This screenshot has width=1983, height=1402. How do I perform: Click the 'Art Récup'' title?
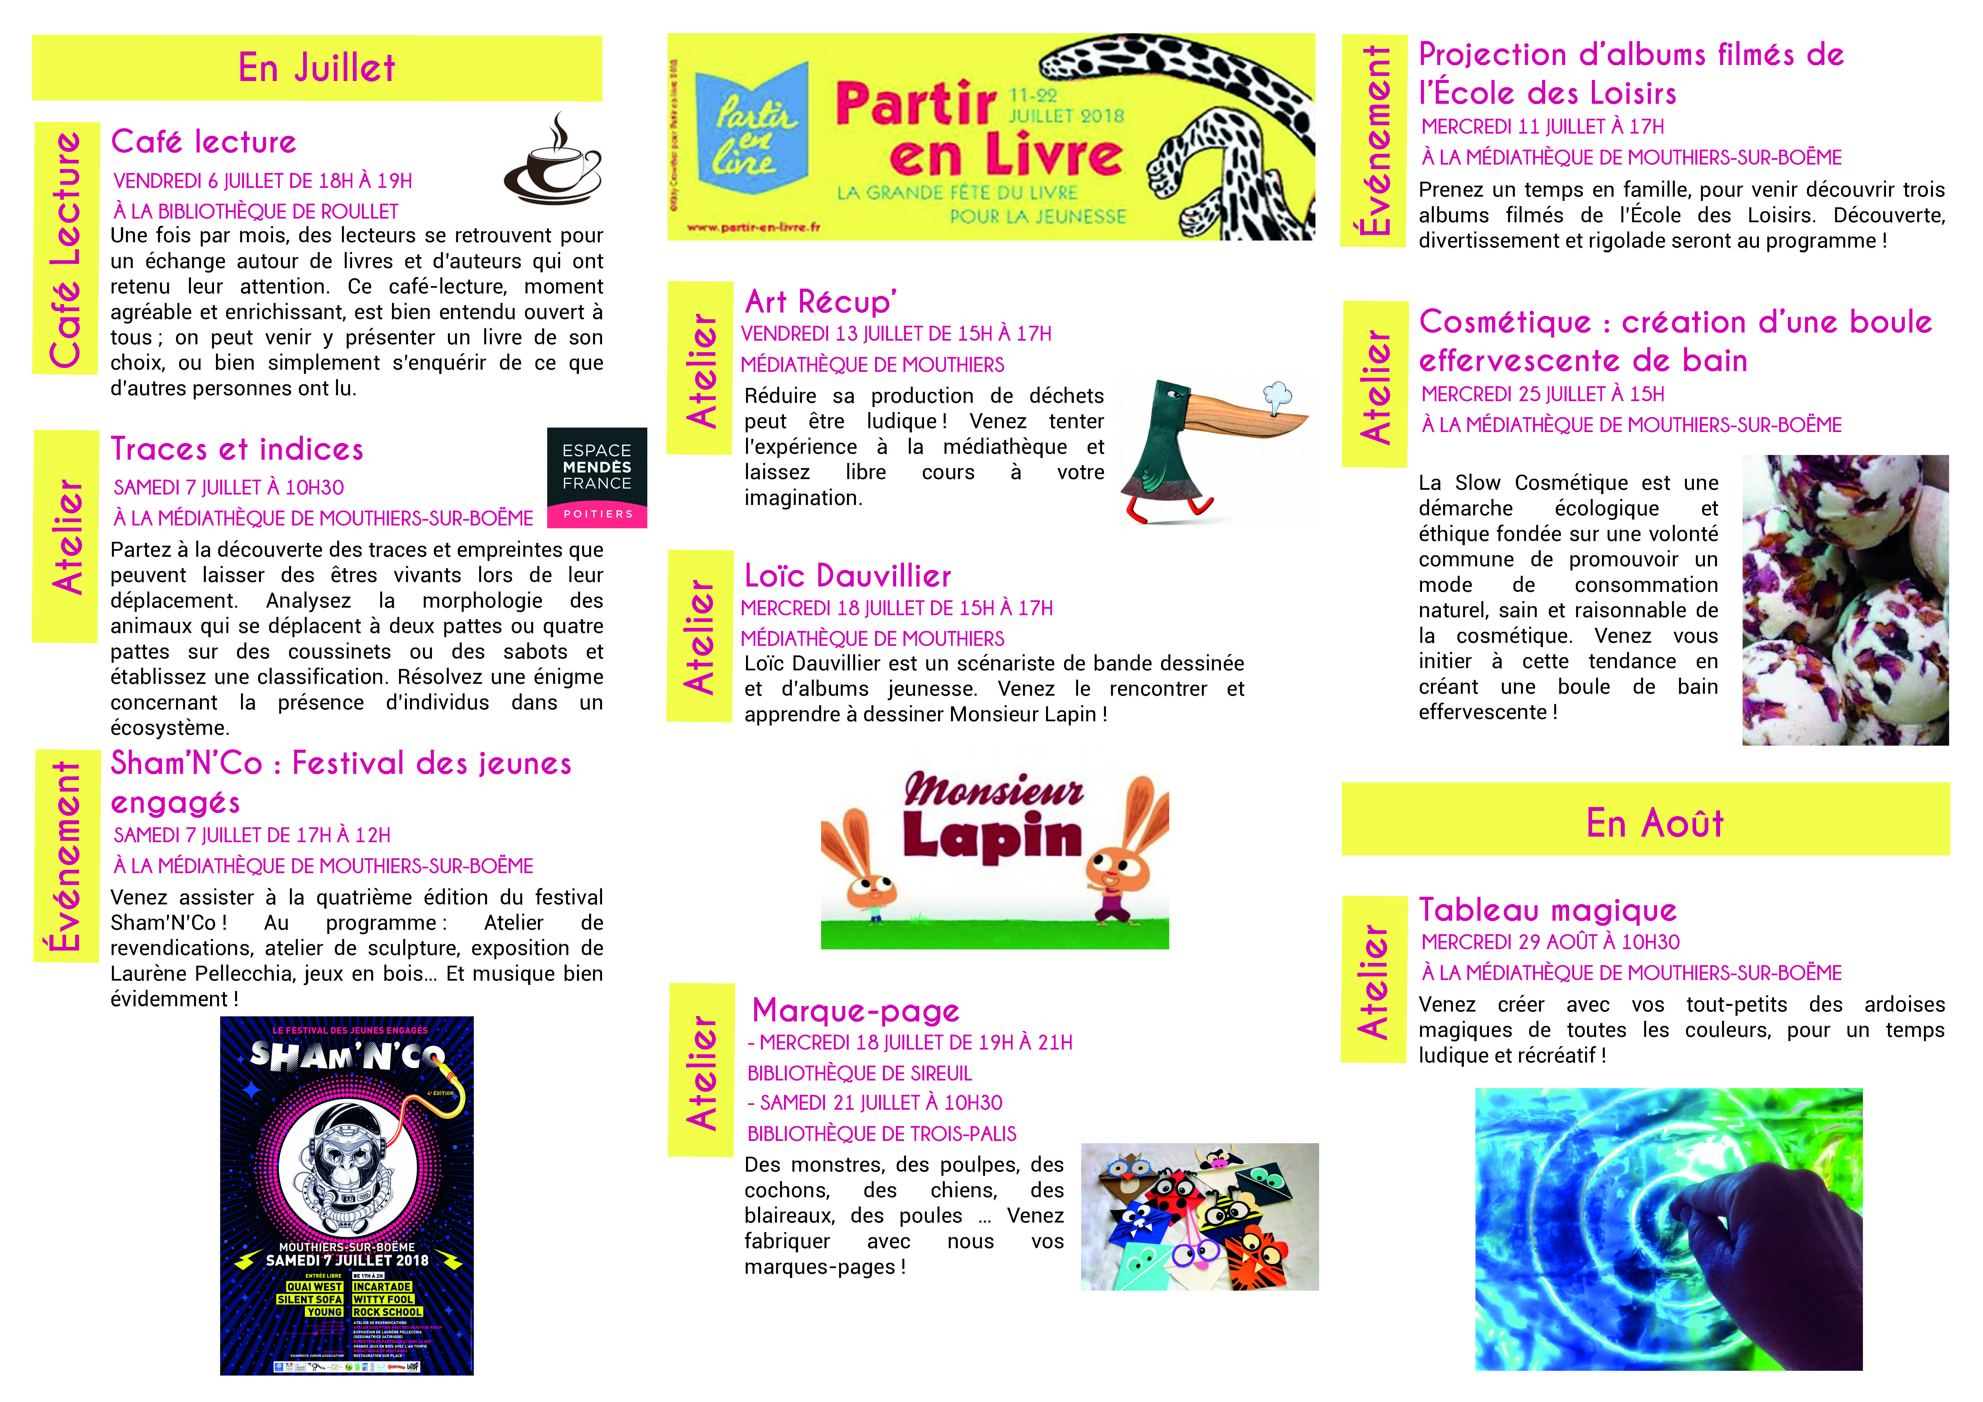[x=821, y=302]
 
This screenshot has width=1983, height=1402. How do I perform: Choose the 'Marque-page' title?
[x=855, y=1011]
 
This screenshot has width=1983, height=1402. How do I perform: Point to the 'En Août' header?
[x=1654, y=823]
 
